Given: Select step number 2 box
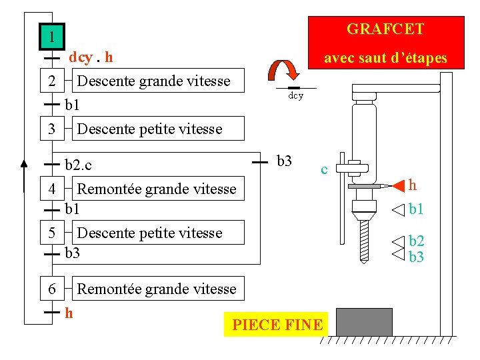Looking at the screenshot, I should pos(51,81).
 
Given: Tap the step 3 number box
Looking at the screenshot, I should pos(51,128).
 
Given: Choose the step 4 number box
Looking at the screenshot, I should pos(51,189).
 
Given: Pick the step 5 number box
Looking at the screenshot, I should pos(51,233).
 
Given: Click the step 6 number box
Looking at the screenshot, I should pos(51,289).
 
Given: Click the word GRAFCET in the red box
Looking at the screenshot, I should pos(385,29).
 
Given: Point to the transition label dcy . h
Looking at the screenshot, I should pos(91,57).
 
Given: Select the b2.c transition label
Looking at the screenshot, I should pos(79,164).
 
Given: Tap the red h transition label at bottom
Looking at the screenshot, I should pos(69,311).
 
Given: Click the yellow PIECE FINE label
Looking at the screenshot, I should pos(277,325).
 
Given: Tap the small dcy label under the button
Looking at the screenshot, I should pos(295,96).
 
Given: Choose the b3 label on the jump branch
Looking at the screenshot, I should pos(284,161).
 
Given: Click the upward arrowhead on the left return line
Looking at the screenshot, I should pos(24,163).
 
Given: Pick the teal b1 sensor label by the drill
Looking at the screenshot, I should pos(417,210).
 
